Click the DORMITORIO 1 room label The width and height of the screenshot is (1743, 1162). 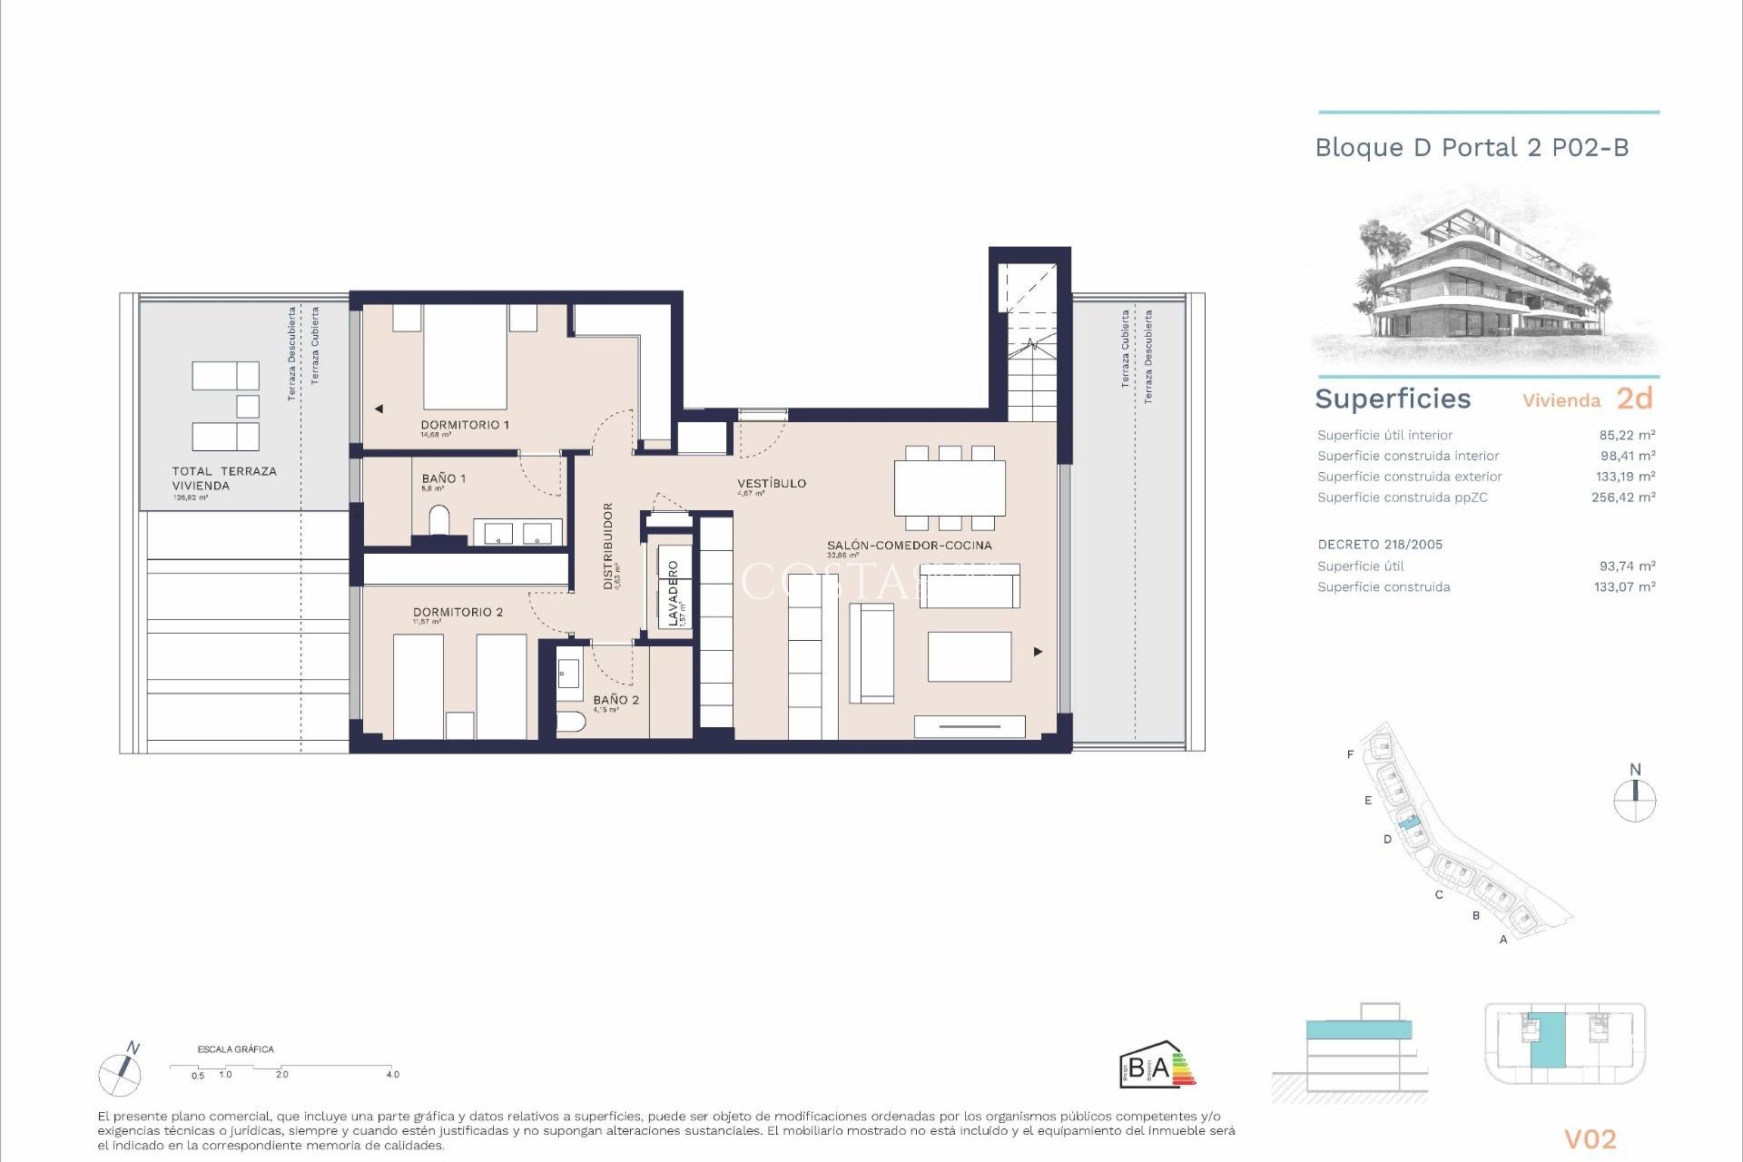click(465, 425)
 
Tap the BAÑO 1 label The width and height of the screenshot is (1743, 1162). click(443, 478)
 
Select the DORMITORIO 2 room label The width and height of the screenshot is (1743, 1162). click(458, 612)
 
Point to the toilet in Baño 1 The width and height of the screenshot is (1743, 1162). click(438, 522)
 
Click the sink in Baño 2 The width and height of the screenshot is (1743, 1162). click(569, 674)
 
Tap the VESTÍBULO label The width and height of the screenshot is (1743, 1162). click(772, 483)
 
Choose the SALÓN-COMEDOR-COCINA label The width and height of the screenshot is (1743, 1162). click(909, 546)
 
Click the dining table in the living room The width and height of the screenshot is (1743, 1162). click(950, 488)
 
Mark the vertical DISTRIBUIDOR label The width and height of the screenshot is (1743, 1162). click(608, 546)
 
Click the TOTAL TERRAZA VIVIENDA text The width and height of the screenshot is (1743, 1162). click(224, 478)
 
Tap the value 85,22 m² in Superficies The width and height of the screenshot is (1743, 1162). click(1627, 435)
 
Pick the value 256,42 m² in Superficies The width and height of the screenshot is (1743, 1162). click(1623, 497)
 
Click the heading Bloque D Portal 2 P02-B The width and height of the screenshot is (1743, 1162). click(1472, 148)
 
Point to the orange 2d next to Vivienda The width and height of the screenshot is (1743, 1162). click(1634, 399)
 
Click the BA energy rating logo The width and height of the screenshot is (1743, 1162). click(1156, 1066)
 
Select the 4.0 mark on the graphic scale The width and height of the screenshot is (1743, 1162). click(392, 1074)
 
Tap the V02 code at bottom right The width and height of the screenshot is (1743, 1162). click(1590, 1139)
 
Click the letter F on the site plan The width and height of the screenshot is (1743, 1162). click(1350, 754)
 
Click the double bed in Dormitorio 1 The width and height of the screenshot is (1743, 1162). click(465, 357)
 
